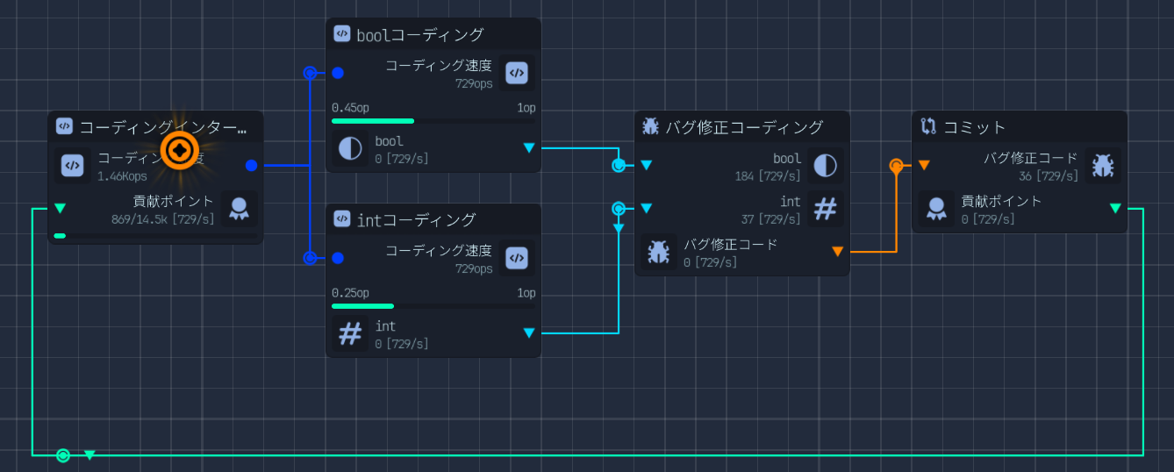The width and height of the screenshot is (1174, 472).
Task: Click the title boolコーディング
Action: (420, 35)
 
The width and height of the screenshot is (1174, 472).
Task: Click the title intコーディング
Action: (416, 219)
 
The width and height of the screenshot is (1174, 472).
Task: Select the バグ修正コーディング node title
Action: (744, 127)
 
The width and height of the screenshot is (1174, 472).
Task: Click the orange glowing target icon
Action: (181, 151)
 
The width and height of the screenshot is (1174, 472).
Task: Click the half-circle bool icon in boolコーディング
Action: (350, 147)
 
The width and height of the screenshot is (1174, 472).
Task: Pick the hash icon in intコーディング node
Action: (350, 333)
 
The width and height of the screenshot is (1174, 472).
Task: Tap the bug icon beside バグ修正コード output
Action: (658, 252)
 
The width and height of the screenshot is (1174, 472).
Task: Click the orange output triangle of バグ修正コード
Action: (837, 252)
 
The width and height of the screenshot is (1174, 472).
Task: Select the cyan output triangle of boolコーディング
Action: (528, 147)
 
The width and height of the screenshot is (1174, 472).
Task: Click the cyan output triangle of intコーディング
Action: (528, 333)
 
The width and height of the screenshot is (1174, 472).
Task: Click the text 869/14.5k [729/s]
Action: (162, 218)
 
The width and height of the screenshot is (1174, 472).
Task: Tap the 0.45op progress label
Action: (350, 108)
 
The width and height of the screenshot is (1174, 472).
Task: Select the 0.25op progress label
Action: (350, 293)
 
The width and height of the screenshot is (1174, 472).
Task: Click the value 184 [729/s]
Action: (768, 176)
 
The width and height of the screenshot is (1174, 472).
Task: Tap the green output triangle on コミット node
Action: (1115, 208)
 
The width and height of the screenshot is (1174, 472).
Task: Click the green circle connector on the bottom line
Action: (63, 455)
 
